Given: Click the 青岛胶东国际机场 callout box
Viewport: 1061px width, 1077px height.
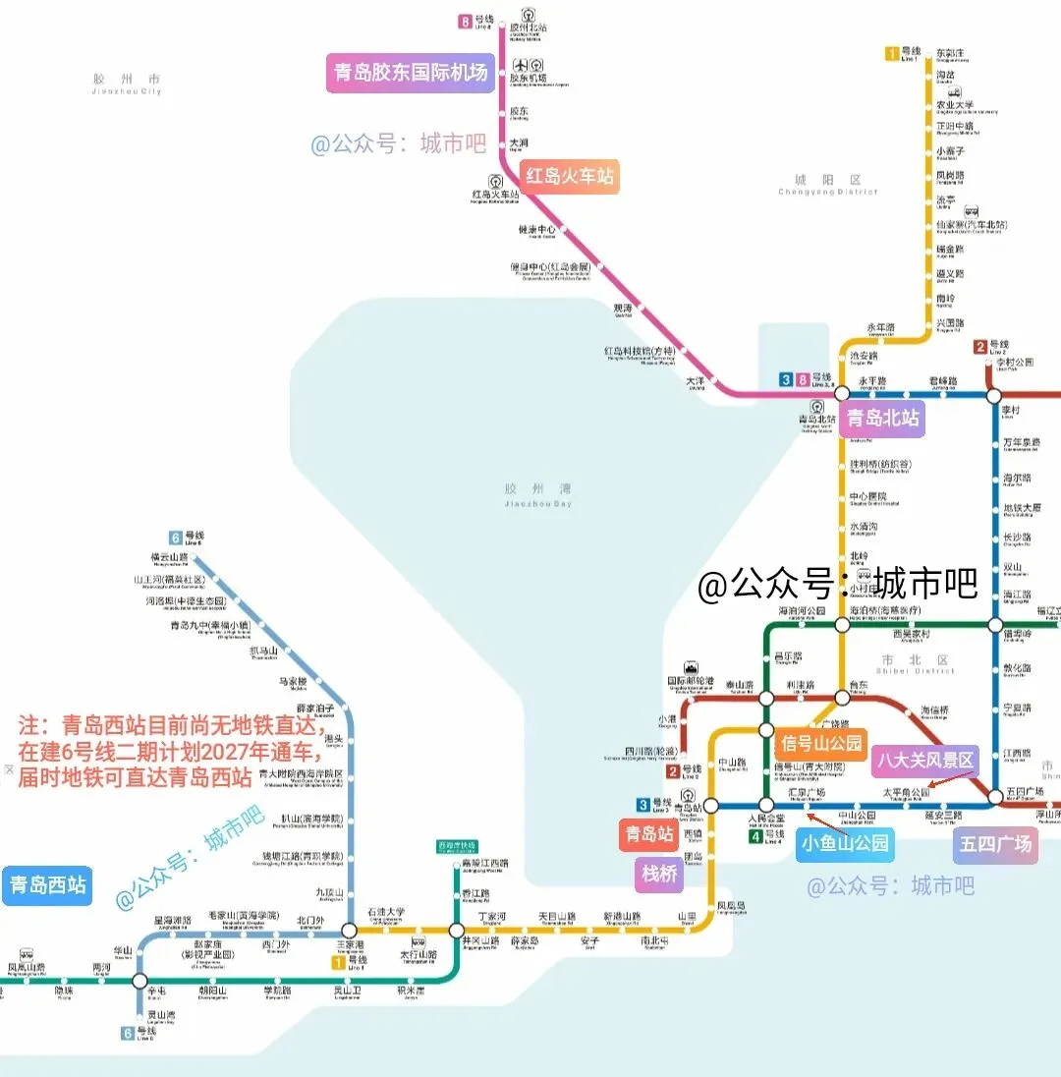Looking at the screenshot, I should point(410,73).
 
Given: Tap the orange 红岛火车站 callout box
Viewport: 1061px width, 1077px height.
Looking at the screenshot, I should point(570,177).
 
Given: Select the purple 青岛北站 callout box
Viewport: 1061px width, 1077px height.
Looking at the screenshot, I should point(883,418).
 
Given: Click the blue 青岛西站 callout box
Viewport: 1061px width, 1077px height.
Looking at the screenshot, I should point(47,885).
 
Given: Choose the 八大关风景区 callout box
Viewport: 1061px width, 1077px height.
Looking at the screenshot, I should point(925,760).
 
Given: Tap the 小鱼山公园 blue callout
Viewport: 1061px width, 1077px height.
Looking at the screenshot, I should point(844,843).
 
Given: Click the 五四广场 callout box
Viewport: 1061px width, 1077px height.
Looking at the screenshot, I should point(995,844).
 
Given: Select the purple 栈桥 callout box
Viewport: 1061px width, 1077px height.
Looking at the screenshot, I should point(659,874).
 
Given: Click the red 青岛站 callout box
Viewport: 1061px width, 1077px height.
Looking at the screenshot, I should point(648,835).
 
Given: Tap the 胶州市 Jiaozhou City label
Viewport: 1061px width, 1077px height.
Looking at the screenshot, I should point(125,83).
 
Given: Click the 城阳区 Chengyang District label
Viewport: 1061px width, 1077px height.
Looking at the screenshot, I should point(827,185).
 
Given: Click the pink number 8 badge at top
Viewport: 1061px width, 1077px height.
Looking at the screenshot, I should point(465,22).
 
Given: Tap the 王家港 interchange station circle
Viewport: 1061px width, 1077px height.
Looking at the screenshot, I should point(349,930).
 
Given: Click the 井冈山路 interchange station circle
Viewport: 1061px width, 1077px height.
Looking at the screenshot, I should point(456,930).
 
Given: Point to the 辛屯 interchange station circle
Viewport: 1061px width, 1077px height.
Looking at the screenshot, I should point(140,980).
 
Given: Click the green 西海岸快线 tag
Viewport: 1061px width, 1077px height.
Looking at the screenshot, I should point(457,845).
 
